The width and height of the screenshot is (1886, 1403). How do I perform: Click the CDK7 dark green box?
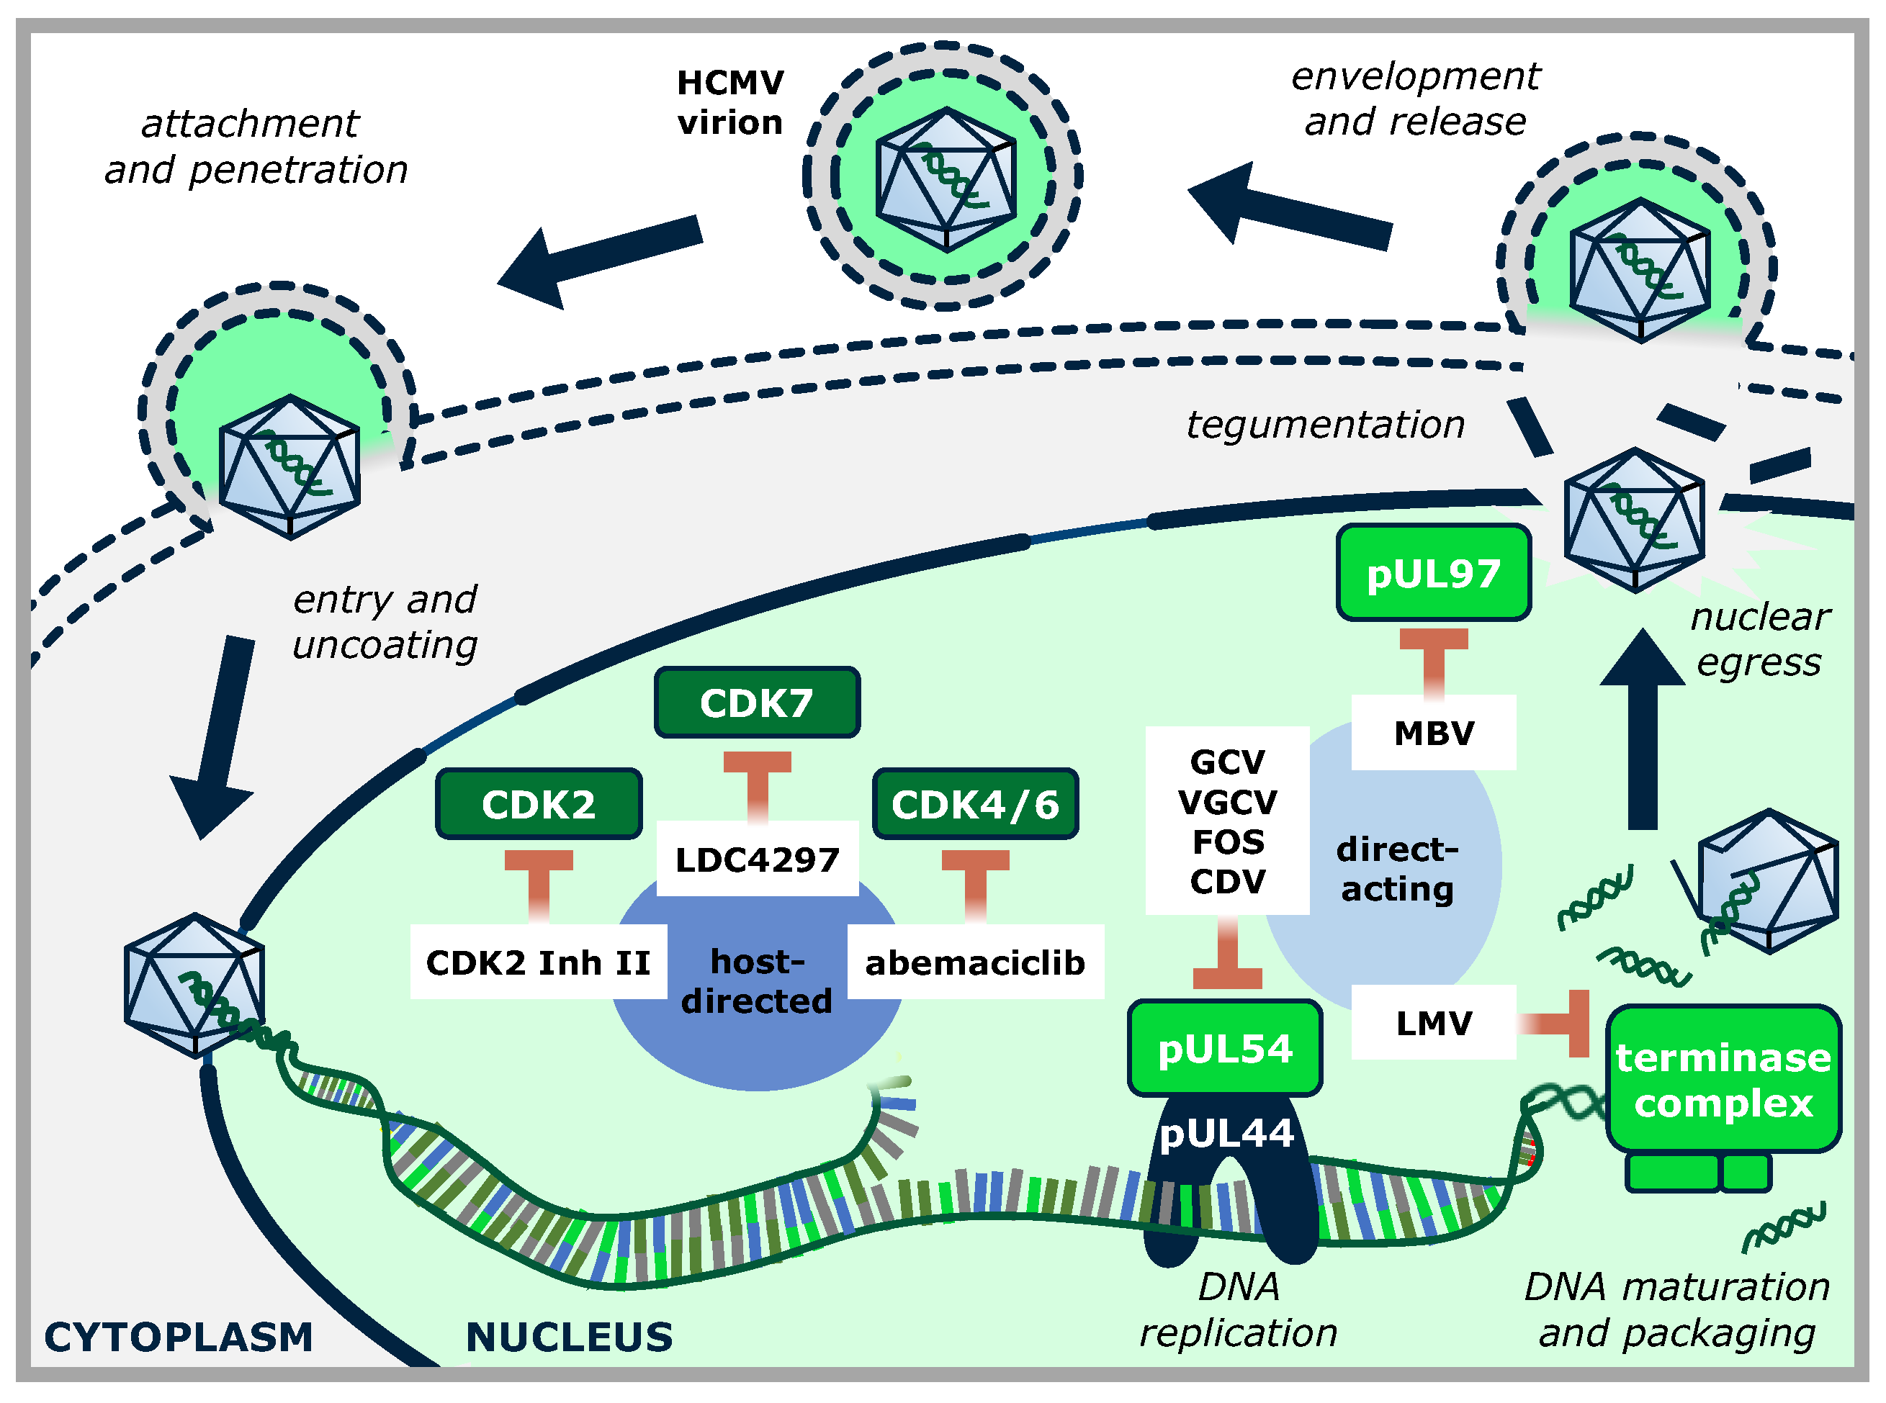click(x=756, y=703)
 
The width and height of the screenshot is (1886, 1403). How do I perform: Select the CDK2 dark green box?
click(x=539, y=803)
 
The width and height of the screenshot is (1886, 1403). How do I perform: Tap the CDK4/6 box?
click(x=975, y=803)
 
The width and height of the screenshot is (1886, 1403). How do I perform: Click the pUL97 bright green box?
click(x=1433, y=573)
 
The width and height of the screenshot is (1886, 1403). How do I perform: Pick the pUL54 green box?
click(x=1224, y=1048)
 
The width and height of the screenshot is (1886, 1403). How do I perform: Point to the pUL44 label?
click(x=1226, y=1133)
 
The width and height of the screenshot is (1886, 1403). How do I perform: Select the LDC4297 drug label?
click(x=757, y=860)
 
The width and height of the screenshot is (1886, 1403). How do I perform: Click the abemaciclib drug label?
click(x=975, y=962)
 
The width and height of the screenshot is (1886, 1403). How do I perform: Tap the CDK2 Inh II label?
click(x=539, y=962)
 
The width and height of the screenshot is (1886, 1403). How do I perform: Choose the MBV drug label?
click(x=1433, y=733)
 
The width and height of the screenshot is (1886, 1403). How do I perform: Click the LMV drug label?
click(x=1433, y=1022)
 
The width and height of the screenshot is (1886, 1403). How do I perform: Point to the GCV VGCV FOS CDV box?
click(x=1227, y=821)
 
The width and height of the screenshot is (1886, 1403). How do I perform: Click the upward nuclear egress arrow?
click(x=1642, y=731)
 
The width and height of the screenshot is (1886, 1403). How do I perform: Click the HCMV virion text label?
click(x=729, y=103)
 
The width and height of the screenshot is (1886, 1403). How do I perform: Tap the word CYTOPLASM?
click(x=179, y=1337)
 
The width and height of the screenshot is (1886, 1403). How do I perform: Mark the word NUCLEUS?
click(x=569, y=1337)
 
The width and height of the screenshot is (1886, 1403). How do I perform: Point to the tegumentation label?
click(x=1325, y=424)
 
